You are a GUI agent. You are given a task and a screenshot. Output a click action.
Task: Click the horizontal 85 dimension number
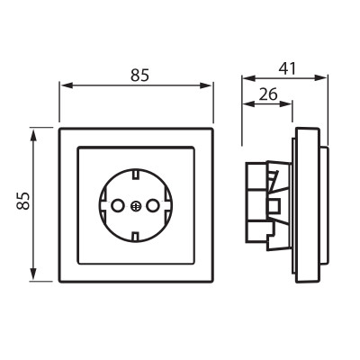[x=139, y=76]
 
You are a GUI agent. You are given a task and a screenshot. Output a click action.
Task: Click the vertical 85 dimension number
[x=23, y=201]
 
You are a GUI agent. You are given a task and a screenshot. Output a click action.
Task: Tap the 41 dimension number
[x=287, y=68]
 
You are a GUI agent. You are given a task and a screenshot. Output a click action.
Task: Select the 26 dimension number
[x=268, y=94]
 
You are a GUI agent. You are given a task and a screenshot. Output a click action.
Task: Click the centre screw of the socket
[x=136, y=206]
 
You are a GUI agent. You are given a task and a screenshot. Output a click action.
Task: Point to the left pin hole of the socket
[x=117, y=206]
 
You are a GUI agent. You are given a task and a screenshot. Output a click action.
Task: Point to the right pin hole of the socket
[x=152, y=206]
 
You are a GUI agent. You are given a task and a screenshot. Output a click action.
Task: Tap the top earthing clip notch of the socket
[x=136, y=174]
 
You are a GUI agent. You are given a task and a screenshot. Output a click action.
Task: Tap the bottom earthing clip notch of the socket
[x=136, y=237]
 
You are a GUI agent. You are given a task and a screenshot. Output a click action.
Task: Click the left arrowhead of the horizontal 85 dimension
[x=67, y=85]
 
